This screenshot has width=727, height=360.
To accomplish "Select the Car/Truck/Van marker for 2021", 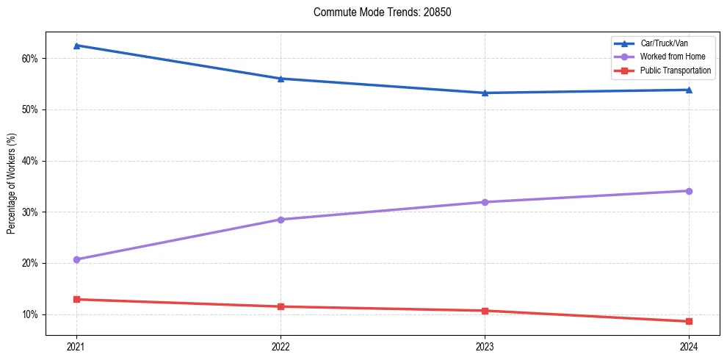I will (76, 46).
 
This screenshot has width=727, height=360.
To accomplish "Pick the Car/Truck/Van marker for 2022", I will (281, 79).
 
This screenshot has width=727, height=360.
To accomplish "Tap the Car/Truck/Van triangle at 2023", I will (485, 93).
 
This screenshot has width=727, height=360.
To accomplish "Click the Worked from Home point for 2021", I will (76, 259).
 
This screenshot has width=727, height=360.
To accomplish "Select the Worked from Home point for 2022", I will (281, 220).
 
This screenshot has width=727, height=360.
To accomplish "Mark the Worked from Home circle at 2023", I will (485, 202).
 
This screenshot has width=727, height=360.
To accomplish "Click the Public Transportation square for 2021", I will (76, 299).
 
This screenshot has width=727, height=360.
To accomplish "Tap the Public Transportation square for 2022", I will (281, 306).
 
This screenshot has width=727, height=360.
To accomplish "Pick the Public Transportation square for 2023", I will (485, 311).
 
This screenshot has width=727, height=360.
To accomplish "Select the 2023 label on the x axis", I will (485, 346).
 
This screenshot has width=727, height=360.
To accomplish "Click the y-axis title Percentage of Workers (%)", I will (12, 184).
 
